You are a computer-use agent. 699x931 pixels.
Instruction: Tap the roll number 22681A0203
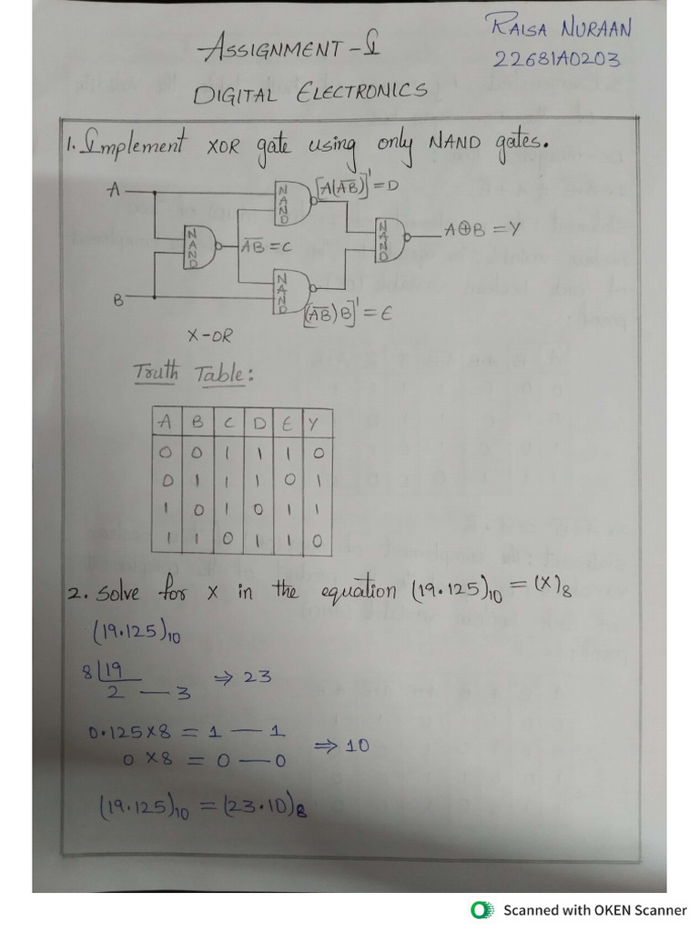557,59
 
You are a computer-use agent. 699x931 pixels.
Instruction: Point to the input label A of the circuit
114,191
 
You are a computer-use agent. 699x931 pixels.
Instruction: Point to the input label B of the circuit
117,298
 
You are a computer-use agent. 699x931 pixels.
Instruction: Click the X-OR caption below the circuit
209,335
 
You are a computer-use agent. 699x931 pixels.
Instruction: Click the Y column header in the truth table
314,423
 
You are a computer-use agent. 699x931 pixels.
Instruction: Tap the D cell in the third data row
258,510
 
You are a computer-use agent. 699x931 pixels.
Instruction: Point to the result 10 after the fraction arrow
356,746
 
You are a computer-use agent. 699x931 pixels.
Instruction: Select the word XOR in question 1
223,145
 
